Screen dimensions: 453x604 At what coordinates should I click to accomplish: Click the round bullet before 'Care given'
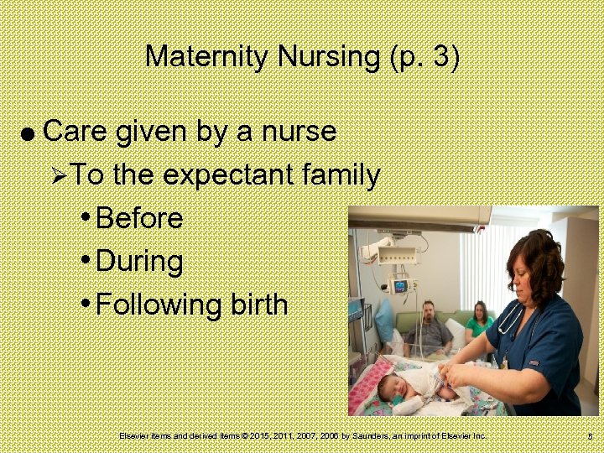(28, 133)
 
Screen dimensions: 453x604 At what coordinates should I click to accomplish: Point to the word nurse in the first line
(298, 132)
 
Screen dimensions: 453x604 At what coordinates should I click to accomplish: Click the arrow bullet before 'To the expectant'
(58, 176)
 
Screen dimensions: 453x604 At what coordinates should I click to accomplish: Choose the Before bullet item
(139, 218)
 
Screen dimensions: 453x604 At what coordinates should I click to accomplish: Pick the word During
(139, 261)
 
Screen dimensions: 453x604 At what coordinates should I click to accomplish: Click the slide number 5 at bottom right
(591, 437)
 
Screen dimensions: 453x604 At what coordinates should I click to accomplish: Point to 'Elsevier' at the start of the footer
(134, 436)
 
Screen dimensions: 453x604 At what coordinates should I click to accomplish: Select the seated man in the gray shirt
(430, 330)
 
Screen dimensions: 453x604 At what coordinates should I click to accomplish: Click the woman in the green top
(480, 322)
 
